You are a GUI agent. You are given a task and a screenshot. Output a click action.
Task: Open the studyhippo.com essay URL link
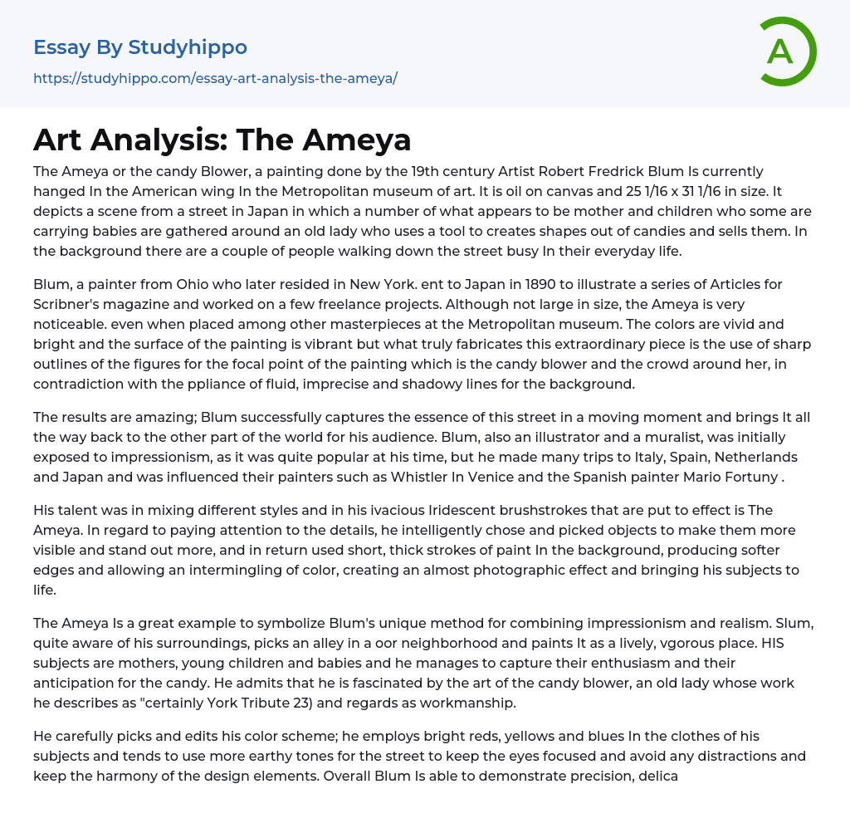click(215, 78)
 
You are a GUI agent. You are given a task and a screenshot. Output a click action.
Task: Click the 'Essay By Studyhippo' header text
click(140, 47)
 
